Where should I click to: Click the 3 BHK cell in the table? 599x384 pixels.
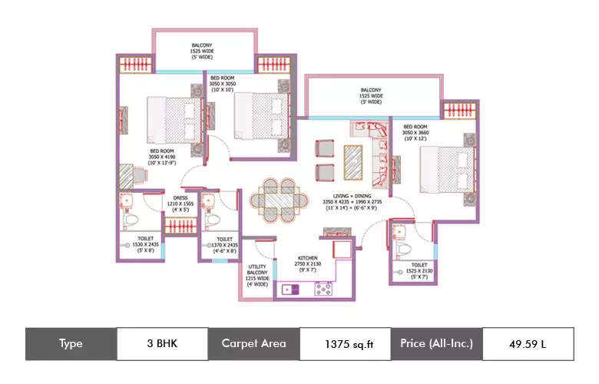pyautogui.click(x=162, y=343)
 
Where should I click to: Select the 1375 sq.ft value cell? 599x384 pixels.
pyautogui.click(x=345, y=343)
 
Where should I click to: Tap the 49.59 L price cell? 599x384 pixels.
pyautogui.click(x=527, y=343)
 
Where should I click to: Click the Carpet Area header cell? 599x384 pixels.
pyautogui.click(x=253, y=343)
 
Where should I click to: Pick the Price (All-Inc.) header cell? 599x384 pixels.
pyautogui.click(x=436, y=343)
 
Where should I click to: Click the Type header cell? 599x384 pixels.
pyautogui.click(x=71, y=343)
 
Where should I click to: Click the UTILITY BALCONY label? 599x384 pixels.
pyautogui.click(x=256, y=274)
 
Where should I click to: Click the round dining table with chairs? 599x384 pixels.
pyautogui.click(x=276, y=197)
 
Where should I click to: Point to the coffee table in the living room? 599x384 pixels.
pyautogui.click(x=354, y=161)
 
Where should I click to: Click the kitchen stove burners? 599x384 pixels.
pyautogui.click(x=323, y=289)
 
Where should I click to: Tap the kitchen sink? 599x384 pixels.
pyautogui.click(x=291, y=290)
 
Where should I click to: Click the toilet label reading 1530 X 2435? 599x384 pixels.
pyautogui.click(x=144, y=244)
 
